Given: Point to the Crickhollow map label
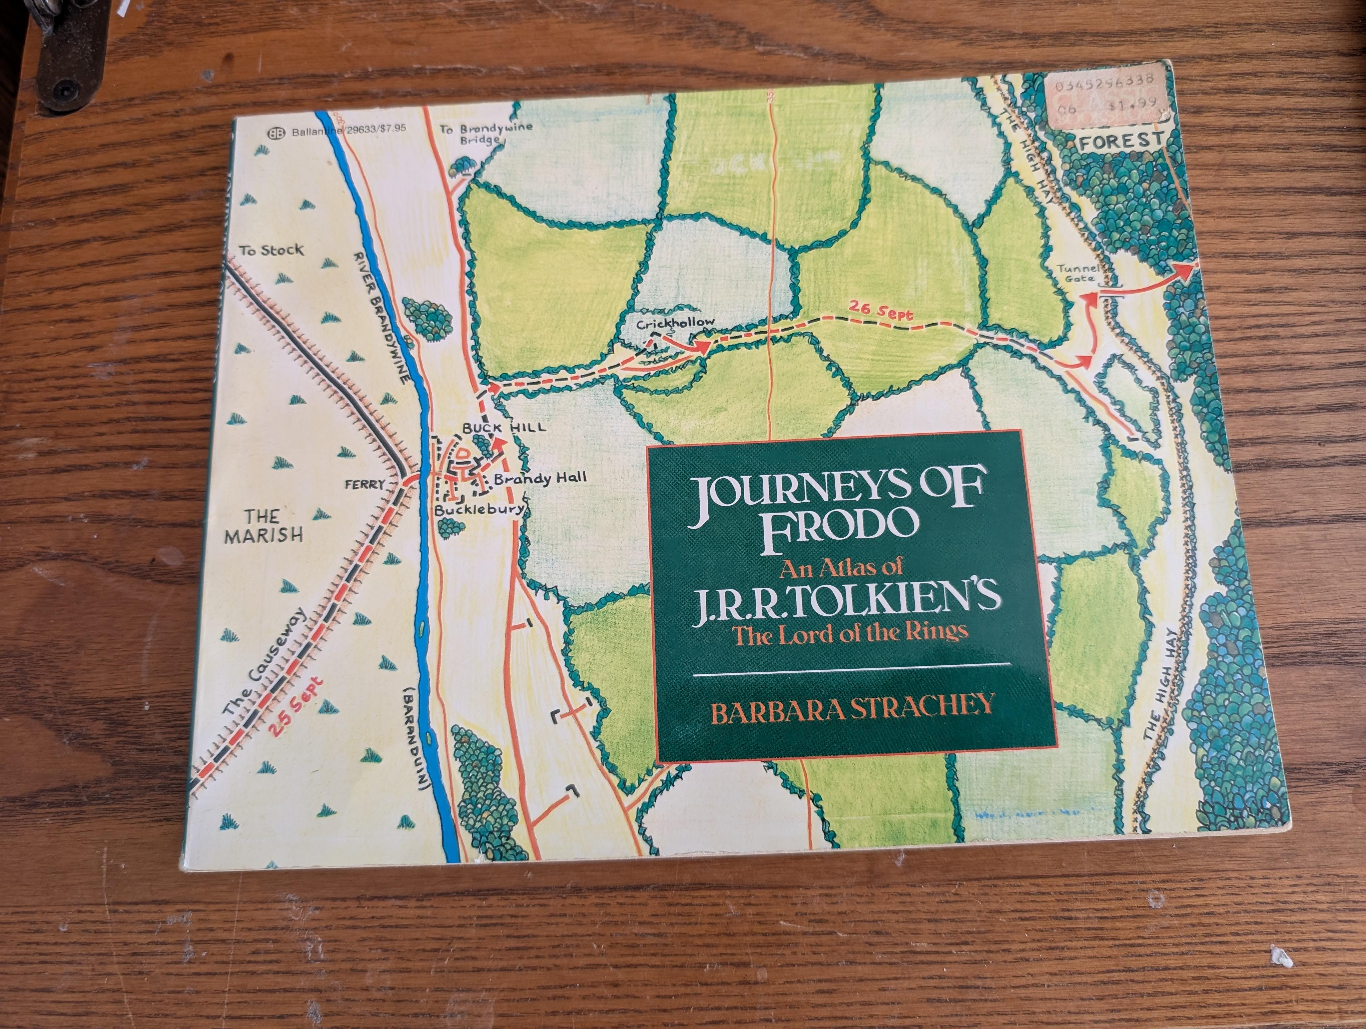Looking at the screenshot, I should tap(676, 323).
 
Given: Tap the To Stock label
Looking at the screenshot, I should tap(272, 250).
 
